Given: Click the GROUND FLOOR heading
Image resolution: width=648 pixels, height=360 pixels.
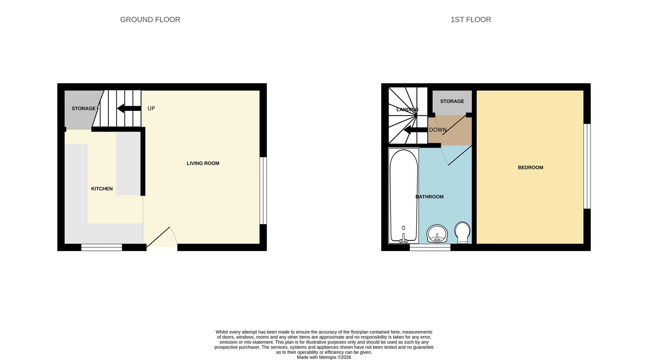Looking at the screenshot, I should [x=150, y=20].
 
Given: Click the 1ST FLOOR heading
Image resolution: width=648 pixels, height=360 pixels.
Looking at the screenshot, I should [x=471, y=20].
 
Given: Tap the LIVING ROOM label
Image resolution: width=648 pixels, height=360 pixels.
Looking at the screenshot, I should [x=203, y=163].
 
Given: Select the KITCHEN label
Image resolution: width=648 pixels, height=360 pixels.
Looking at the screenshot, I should [x=102, y=189].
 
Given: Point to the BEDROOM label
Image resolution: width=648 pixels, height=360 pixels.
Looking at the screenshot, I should [x=531, y=168].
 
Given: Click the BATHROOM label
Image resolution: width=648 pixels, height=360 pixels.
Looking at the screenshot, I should [x=429, y=197].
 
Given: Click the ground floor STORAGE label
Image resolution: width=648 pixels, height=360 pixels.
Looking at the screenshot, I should [x=83, y=109].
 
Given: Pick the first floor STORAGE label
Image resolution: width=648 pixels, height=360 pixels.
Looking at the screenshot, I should [x=452, y=101].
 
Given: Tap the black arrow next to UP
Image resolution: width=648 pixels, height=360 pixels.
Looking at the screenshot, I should [x=129, y=108].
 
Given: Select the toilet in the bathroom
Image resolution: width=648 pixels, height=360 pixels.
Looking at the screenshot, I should [x=462, y=232].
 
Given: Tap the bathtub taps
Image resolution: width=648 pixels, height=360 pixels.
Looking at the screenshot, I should [x=403, y=239].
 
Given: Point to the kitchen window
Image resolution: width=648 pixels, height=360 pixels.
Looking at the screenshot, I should [x=102, y=248].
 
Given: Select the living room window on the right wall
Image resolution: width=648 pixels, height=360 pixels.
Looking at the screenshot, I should [x=263, y=190].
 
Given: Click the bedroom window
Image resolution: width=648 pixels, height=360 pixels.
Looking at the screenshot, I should [x=587, y=166].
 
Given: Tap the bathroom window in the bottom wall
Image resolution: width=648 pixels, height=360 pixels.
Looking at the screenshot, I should [x=430, y=248].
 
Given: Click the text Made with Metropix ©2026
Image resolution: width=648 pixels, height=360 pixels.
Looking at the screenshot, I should [x=324, y=357].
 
